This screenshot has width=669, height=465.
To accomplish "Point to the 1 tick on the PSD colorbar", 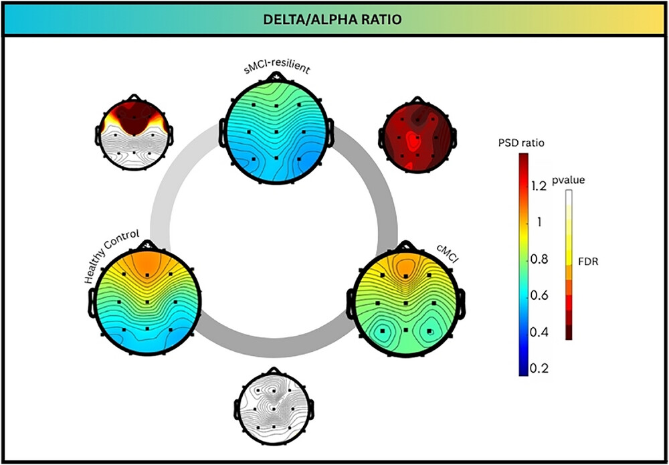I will pyautogui.click(x=536, y=223).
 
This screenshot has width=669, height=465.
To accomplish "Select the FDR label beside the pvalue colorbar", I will pyautogui.click(x=589, y=262).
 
